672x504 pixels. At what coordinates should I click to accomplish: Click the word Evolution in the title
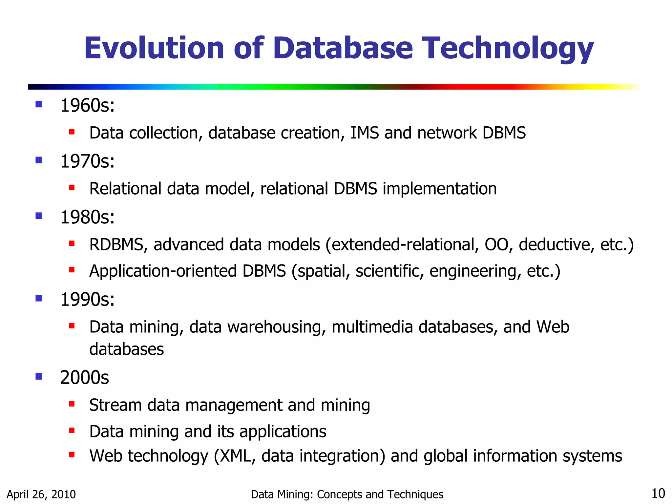[154, 48]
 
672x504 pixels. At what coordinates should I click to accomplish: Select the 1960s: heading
[88, 106]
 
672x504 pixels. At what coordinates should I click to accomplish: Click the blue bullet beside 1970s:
[39, 160]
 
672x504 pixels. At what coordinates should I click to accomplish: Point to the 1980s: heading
[88, 217]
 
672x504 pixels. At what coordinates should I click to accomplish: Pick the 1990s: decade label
[88, 300]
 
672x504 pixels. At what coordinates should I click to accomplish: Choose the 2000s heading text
[84, 377]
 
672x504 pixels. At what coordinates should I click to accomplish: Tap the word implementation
[440, 189]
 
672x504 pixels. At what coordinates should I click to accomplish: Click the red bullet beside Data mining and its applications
[72, 430]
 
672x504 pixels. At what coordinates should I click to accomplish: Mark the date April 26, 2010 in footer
[41, 494]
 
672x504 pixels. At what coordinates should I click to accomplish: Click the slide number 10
[658, 493]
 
